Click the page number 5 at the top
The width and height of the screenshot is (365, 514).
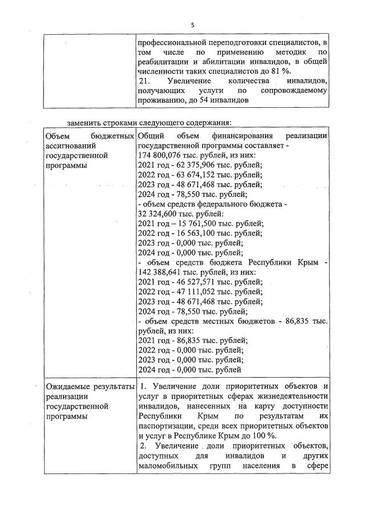point(193,25)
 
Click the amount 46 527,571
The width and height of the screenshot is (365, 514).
point(189,281)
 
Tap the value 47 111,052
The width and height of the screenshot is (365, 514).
point(189,292)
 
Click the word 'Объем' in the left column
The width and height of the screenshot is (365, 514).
point(58,136)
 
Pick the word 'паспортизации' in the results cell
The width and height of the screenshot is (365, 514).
point(166,426)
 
